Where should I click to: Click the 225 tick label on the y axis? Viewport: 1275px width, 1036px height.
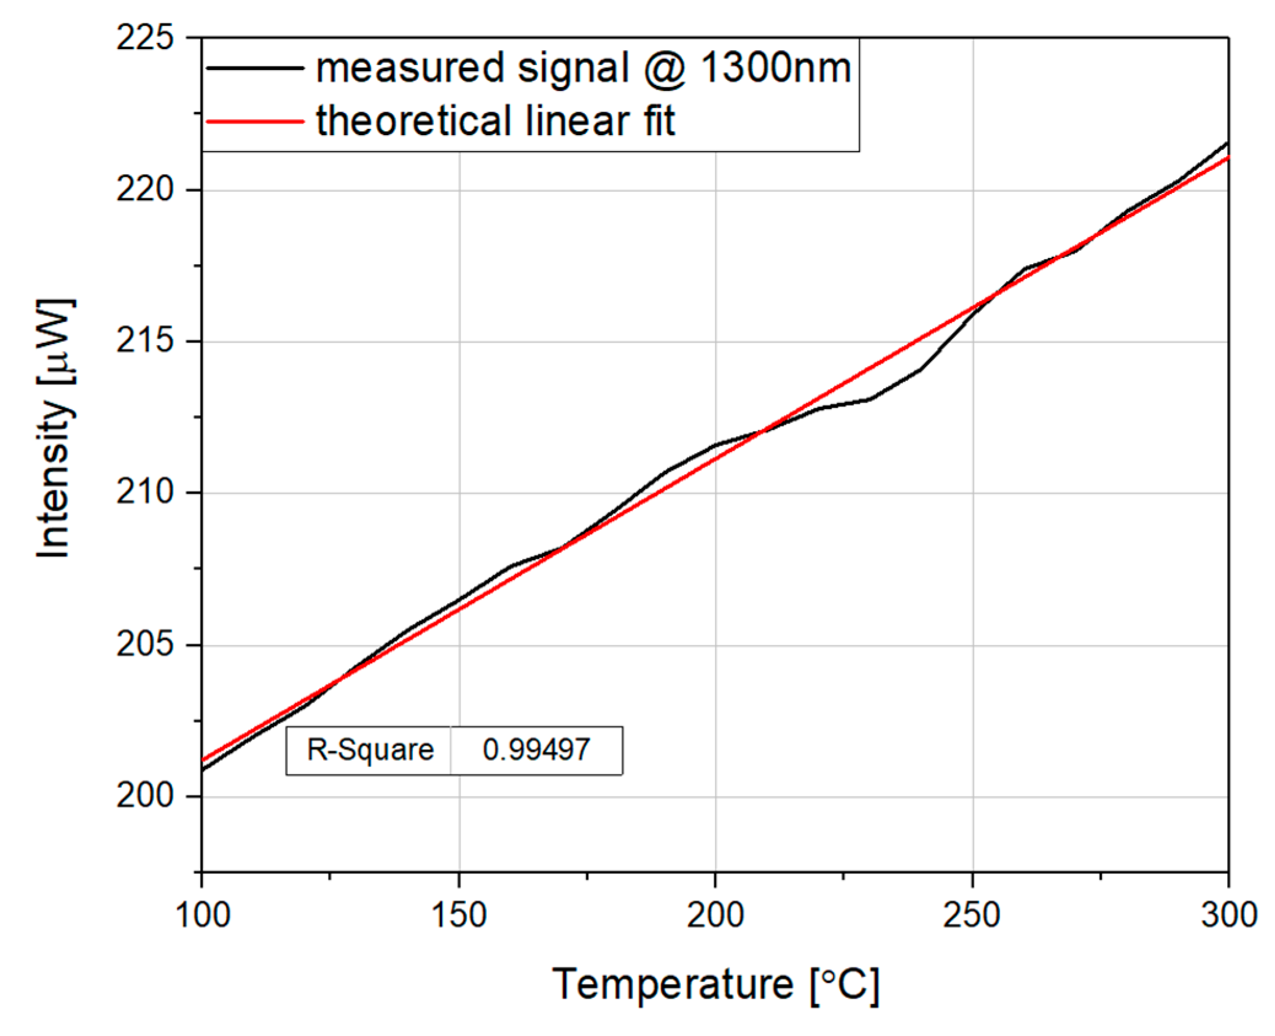tap(145, 38)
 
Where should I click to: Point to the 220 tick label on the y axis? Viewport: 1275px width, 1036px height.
tap(145, 189)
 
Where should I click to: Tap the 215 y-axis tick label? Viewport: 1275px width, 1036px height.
tap(145, 341)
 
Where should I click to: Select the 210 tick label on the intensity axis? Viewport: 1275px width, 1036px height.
tap(145, 492)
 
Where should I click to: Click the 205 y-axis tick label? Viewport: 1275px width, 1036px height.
tap(145, 644)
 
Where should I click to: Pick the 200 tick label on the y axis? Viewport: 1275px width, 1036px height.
tap(145, 796)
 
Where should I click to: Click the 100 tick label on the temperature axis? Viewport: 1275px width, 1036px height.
tap(203, 914)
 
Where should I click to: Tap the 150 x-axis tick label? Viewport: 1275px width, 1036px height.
tap(459, 914)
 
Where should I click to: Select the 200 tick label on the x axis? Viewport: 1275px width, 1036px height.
tap(715, 914)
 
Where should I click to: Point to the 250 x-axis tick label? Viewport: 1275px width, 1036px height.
tap(972, 914)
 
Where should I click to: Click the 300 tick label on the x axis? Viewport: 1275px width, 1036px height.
tap(1228, 914)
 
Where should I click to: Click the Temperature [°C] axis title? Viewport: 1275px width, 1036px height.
tap(715, 986)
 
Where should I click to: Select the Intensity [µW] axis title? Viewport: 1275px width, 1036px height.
tap(55, 428)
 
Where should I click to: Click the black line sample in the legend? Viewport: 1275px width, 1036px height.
tap(255, 68)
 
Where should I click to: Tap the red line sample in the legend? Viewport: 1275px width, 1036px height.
tap(255, 121)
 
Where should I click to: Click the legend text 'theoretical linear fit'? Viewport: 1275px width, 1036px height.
tap(495, 121)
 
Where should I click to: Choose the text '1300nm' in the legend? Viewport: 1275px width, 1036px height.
tap(775, 68)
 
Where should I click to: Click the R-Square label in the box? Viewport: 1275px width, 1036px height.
tap(370, 750)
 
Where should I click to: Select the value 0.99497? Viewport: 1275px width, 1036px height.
tap(536, 750)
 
